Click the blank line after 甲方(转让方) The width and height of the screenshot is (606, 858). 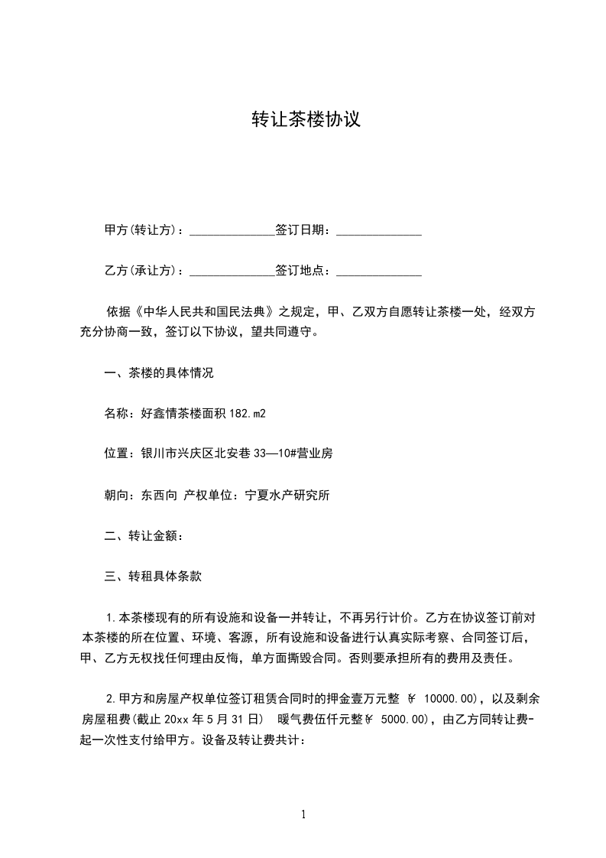(232, 230)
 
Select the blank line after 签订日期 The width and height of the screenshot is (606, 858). (379, 230)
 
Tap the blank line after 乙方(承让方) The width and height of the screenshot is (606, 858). (232, 271)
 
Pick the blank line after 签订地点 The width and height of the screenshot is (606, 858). (379, 271)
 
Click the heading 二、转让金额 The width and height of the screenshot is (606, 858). (143, 535)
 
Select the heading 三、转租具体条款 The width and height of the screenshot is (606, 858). (153, 577)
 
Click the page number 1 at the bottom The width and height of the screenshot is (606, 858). (303, 814)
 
